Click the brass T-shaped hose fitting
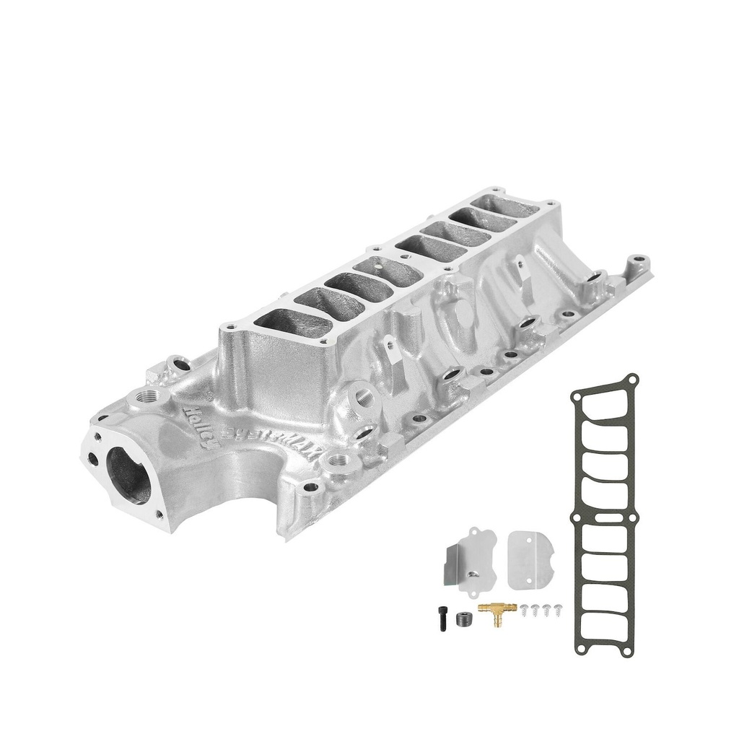point(497,611)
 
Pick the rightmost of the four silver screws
point(557,610)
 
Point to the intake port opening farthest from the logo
point(510,206)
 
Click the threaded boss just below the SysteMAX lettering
point(338,459)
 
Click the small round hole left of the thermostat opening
point(93,458)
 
